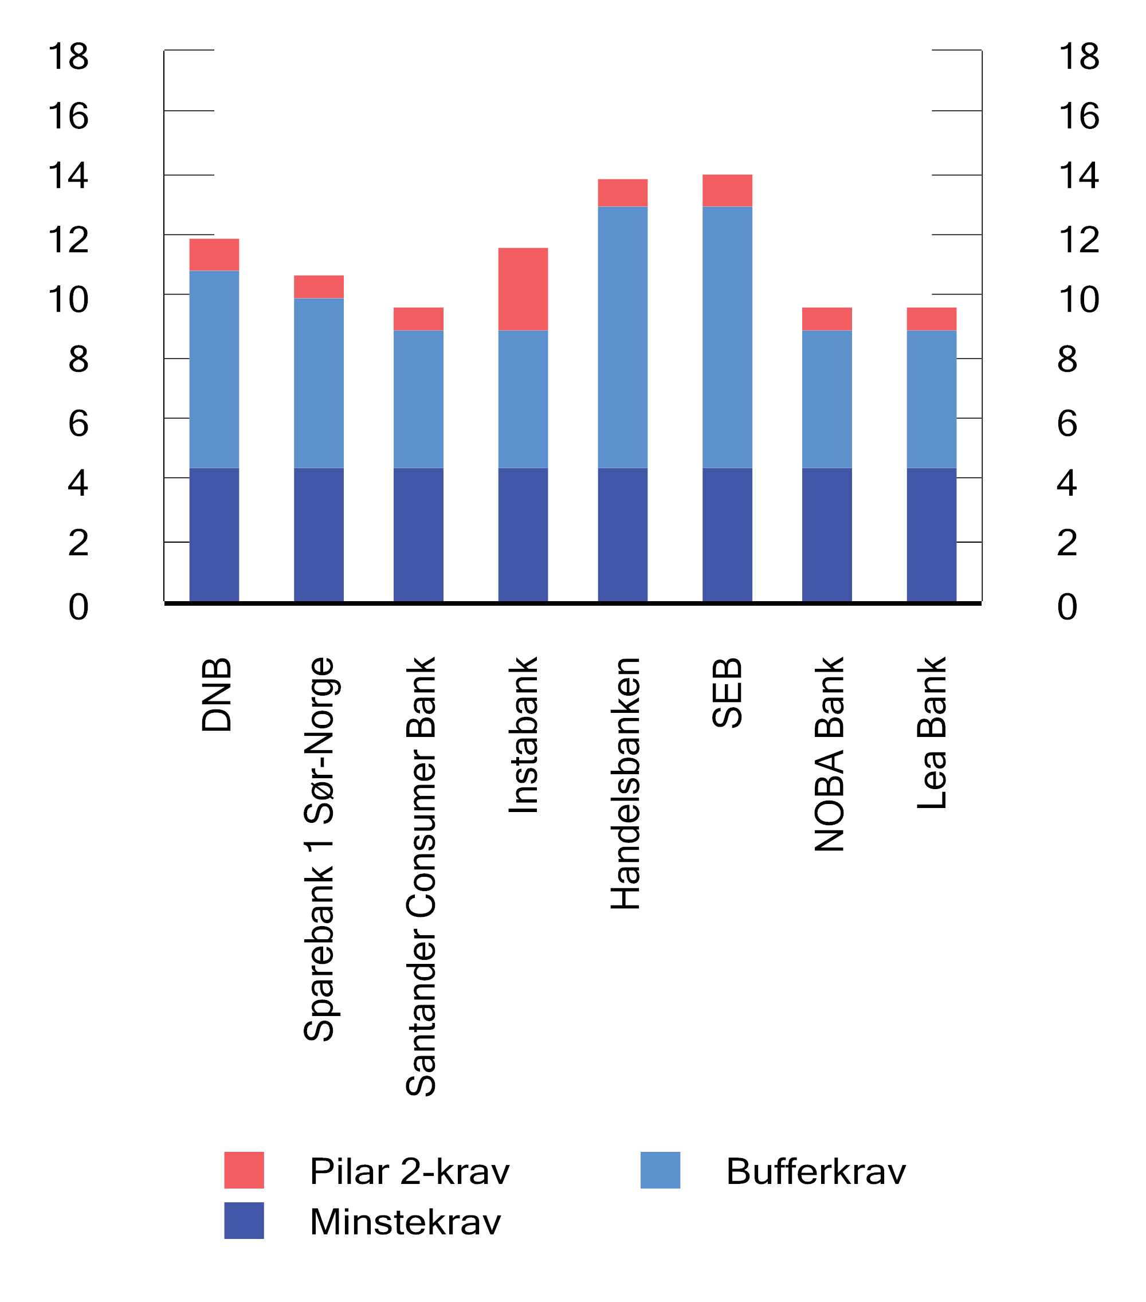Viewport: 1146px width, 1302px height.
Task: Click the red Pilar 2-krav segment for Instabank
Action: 523,289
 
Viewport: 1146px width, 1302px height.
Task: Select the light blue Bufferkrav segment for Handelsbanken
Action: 622,337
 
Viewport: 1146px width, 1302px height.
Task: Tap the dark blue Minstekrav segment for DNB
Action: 214,535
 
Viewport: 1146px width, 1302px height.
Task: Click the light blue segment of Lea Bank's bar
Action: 931,399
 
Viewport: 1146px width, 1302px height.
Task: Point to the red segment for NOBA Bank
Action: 826,319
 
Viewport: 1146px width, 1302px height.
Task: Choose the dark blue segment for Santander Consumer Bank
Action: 418,535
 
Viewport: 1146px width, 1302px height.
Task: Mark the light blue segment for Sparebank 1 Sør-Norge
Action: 319,383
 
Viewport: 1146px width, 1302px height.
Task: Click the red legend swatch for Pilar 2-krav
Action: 244,1170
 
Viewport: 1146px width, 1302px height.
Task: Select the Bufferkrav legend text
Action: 815,1171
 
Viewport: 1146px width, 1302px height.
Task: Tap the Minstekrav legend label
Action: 405,1222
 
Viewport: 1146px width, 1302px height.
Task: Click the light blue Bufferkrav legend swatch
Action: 660,1170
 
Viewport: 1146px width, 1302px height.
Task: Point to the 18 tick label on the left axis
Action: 68,56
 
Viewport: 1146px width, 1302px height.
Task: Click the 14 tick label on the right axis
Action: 1078,175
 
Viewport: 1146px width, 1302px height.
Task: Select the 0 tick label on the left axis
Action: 78,606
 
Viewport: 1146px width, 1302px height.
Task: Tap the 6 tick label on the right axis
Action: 1067,423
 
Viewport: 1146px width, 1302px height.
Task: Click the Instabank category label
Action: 524,735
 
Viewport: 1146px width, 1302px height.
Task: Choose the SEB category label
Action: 727,693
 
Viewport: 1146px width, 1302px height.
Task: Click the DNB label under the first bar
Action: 216,695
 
